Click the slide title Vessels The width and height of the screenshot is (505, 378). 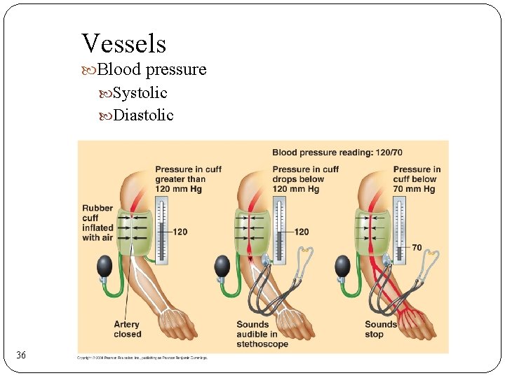pos(123,43)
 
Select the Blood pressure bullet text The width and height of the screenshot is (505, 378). pos(151,69)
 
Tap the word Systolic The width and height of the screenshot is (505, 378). pos(140,92)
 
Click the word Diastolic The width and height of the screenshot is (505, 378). pos(142,115)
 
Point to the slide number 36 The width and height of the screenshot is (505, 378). pos(21,356)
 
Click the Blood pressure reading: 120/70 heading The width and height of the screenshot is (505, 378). pos(337,152)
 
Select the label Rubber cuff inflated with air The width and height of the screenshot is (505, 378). pos(97,223)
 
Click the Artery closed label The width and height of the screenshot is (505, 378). pos(127,329)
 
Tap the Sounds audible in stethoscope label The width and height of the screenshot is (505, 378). pos(262,334)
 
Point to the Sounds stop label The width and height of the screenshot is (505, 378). pos(380,329)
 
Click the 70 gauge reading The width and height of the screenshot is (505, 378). pos(417,248)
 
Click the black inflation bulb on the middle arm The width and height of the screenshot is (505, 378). pos(222,266)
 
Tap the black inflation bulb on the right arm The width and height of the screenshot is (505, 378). pos(342,266)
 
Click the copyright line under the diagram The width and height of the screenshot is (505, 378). pos(142,358)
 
